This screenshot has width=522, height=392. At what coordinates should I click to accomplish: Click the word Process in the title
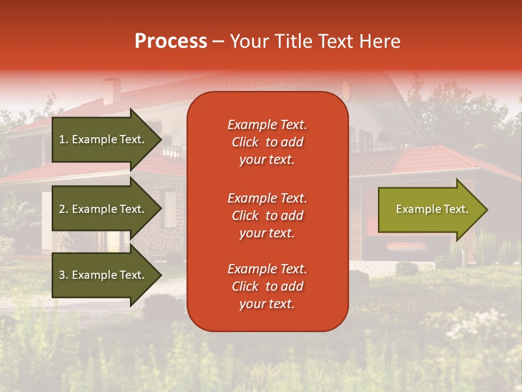tap(171, 41)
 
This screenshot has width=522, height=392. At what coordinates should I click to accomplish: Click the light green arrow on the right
tap(430, 209)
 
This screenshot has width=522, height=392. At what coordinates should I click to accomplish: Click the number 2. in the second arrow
tap(63, 209)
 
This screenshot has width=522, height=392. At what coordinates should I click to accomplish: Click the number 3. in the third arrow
tap(63, 275)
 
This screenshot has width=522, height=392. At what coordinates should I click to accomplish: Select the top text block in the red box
tap(267, 142)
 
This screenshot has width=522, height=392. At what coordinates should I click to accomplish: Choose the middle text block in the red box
tap(267, 216)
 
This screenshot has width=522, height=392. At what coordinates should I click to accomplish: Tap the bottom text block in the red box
tap(267, 286)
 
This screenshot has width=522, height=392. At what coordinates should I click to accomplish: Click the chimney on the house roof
tap(112, 90)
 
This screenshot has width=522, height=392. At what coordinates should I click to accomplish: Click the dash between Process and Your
tap(218, 41)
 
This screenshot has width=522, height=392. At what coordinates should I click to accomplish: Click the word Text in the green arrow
tap(456, 209)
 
